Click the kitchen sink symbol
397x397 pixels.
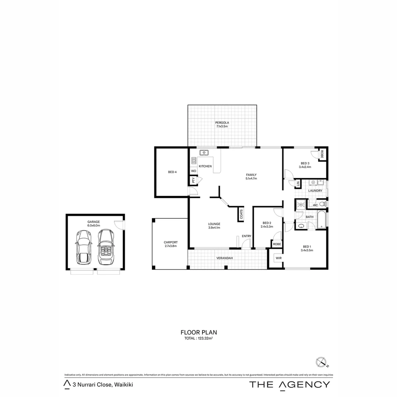(x=204, y=153)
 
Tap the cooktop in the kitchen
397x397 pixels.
(x=194, y=161)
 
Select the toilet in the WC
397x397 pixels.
(x=322, y=204)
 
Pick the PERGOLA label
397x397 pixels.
(x=222, y=123)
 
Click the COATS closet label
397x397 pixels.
(x=241, y=214)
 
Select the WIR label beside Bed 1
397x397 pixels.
(x=278, y=258)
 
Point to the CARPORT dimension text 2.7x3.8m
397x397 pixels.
(x=171, y=246)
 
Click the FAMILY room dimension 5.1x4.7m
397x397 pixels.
(x=251, y=178)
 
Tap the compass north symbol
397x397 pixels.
(x=321, y=362)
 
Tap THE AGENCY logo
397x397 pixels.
(x=290, y=385)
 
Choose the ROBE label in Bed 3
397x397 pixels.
(x=322, y=154)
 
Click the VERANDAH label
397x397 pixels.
(x=225, y=258)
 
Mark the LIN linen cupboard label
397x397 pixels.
(x=298, y=184)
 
